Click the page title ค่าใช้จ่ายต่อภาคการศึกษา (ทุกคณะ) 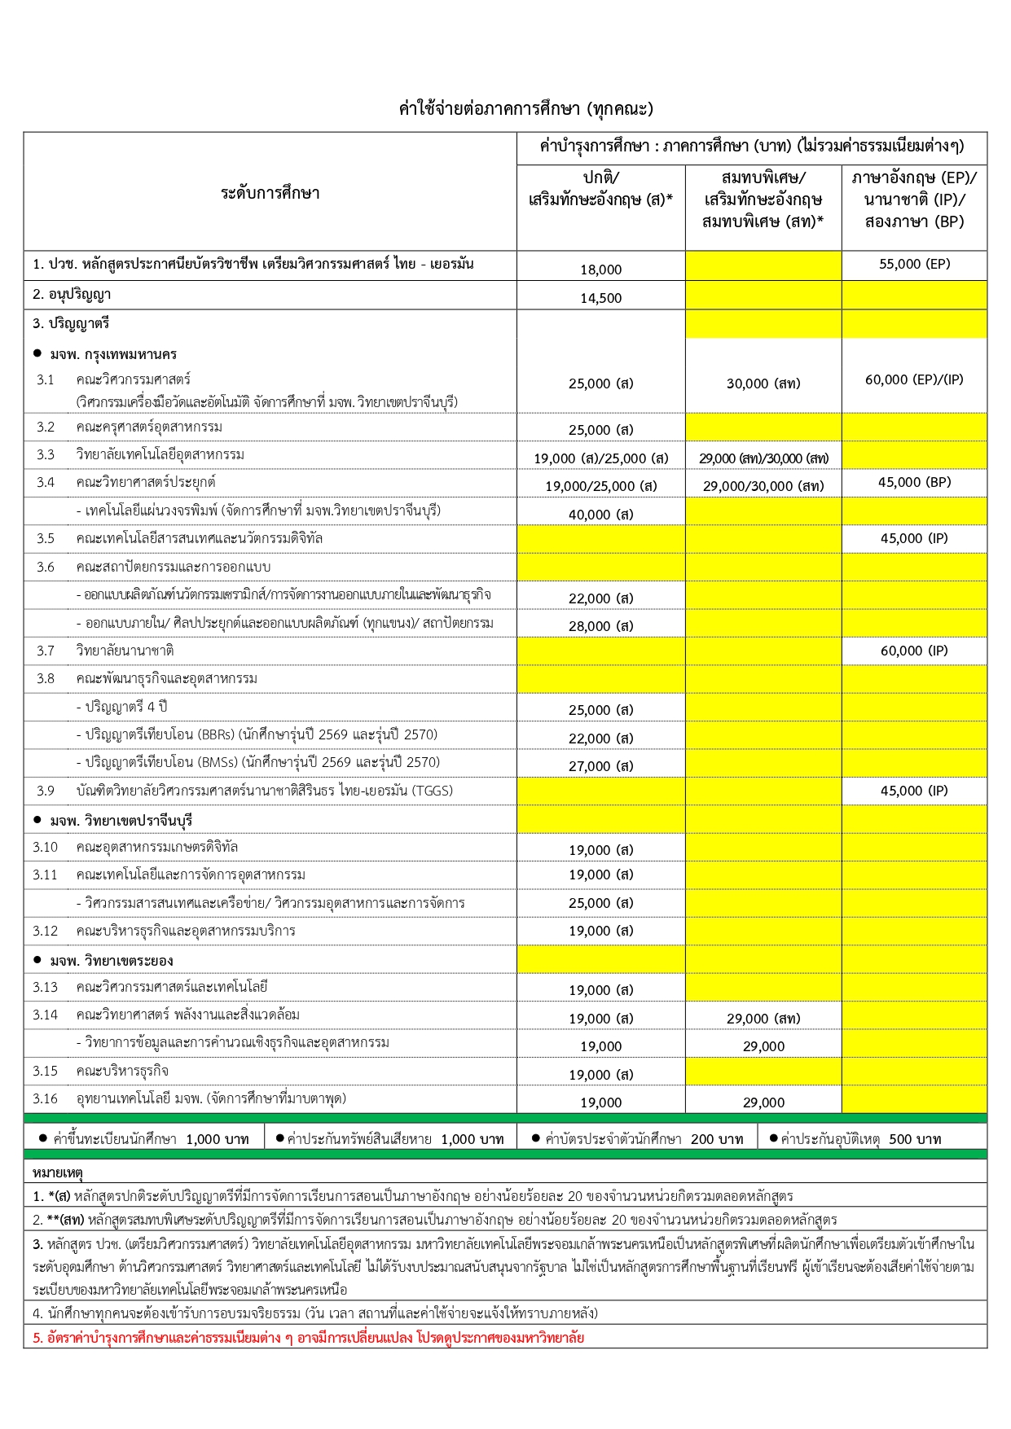tap(525, 108)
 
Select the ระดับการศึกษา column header tap(270, 193)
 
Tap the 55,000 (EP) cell tap(914, 264)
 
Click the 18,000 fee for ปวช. tap(600, 270)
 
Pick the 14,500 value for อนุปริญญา tap(600, 298)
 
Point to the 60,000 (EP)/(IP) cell tap(914, 379)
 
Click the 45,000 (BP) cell tap(914, 482)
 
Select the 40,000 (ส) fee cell tap(600, 515)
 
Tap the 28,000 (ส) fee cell tap(600, 626)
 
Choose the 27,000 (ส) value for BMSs tap(600, 766)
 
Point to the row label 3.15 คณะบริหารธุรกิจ tap(102, 1071)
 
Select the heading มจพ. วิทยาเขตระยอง tap(111, 961)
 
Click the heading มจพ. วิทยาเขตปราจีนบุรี tap(121, 821)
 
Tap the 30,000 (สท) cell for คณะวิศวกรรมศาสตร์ tap(763, 384)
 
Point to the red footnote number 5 tap(37, 1338)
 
